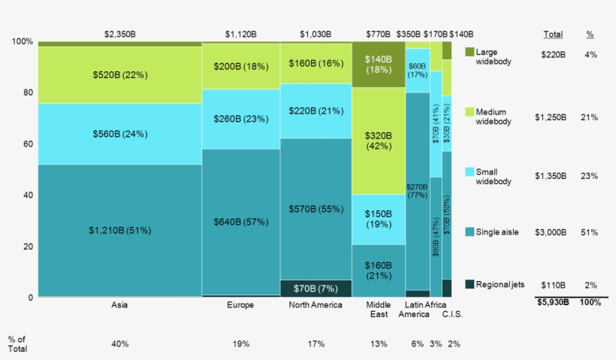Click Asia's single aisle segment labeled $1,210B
[120, 229]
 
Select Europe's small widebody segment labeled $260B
[240, 119]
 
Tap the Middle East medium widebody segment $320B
[379, 141]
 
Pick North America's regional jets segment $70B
[316, 288]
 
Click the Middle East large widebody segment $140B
[379, 65]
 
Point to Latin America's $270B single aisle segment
[418, 189]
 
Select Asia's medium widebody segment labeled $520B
[120, 75]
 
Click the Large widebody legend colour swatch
[470, 52]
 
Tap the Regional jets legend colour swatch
[470, 284]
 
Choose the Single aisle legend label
[497, 231]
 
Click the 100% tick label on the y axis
[22, 41]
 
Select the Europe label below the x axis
[240, 305]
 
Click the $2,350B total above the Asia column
[120, 34]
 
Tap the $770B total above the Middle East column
[379, 34]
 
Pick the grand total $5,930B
[552, 302]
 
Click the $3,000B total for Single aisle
[552, 232]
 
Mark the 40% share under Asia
[120, 343]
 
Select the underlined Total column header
[552, 34]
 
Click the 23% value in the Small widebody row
[590, 176]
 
